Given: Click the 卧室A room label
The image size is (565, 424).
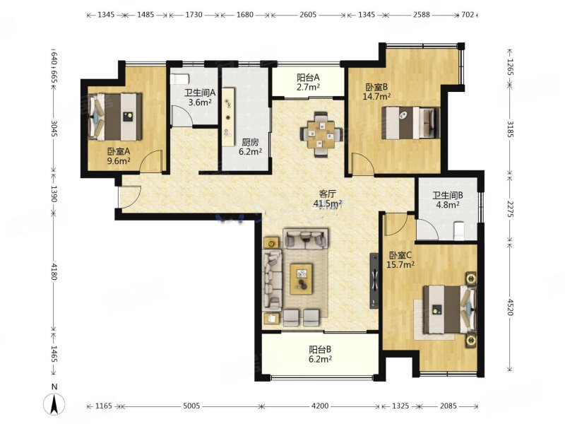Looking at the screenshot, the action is pos(119,155).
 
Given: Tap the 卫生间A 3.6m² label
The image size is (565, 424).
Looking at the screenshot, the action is pos(200,98).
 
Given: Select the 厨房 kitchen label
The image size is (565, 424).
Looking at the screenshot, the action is pos(251,147).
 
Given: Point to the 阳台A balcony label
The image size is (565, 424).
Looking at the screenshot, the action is pos(308,82).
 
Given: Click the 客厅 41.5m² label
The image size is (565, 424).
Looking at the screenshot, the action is pos(328,199).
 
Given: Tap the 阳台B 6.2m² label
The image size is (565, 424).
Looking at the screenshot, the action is pos(321,354).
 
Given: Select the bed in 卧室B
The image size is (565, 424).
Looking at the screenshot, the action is pos(411,122).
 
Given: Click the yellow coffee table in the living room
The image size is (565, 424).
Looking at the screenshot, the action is pos(302,279).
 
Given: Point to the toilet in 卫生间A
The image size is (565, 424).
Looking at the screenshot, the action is pos(179,79).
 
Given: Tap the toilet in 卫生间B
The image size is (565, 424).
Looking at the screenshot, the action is pos(458,230).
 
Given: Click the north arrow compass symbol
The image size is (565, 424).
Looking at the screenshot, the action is pos(54,404).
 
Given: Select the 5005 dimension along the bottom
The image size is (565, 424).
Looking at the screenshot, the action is pos(191,406).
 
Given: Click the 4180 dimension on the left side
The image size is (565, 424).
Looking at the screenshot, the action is pos(54,271).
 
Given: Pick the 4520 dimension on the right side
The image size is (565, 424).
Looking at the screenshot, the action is pos(510,307).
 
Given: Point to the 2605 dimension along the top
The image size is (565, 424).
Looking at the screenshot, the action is pos(308,15).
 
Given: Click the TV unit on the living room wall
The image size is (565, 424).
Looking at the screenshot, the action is pos(374,281).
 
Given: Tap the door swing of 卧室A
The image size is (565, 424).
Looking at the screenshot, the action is pos(151,161).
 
